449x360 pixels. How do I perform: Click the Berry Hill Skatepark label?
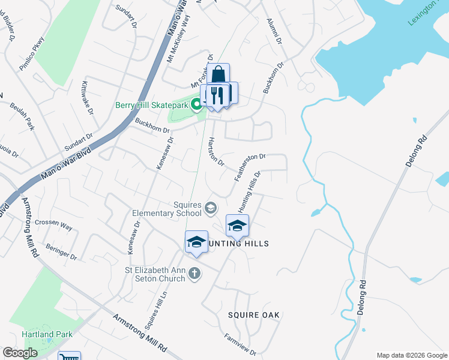152,106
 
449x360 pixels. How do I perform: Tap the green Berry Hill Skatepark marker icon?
196,106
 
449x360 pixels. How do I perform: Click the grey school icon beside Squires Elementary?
211,208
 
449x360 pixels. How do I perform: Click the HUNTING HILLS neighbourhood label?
235,244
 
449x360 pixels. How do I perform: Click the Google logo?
20,353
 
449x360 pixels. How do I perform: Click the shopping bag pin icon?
219,74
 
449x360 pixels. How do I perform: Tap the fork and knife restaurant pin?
217,95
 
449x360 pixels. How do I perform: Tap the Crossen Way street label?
53,226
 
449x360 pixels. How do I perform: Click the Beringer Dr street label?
61,252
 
